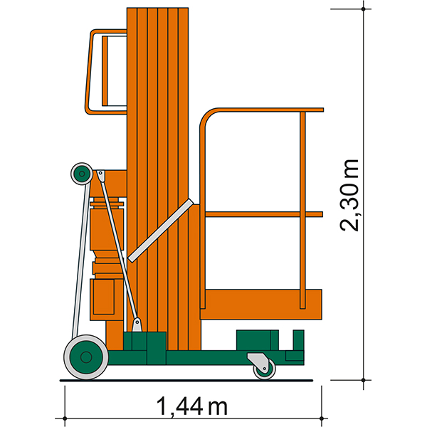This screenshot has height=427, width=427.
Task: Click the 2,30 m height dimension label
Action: pos(349,195)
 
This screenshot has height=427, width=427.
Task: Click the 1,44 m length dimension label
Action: pos(191,406)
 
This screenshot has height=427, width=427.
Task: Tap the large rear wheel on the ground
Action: pos(86,357)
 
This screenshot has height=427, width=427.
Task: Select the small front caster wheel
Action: pos(265,369)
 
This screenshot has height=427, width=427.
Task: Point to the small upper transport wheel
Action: pos(82,174)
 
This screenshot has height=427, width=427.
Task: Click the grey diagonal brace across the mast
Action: pos(161,231)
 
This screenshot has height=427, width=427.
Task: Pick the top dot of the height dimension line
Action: pos(363,9)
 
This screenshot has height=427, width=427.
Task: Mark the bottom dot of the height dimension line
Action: pos(363,380)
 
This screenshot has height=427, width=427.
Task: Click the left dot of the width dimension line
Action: pos(65,418)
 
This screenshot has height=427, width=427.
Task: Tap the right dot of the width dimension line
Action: pos(322,418)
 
